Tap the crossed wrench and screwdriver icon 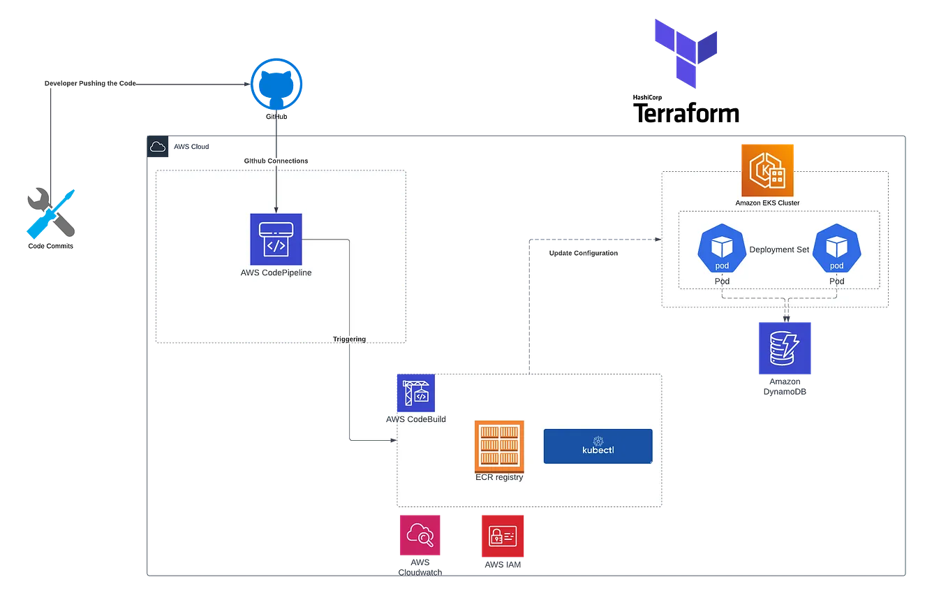coord(51,213)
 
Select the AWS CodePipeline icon coord(276,239)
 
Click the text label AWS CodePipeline coord(276,273)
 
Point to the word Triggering coord(349,340)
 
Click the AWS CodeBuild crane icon coord(415,392)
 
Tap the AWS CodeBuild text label coord(417,419)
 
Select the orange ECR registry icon coord(499,446)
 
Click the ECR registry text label coord(498,478)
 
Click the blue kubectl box coord(598,446)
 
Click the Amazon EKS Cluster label coord(767,203)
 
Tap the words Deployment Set coord(779,249)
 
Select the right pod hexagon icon coord(836,249)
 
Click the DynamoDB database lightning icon coord(785,348)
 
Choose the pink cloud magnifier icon coord(420,536)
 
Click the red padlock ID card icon coord(503,536)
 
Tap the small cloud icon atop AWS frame coord(157,147)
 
